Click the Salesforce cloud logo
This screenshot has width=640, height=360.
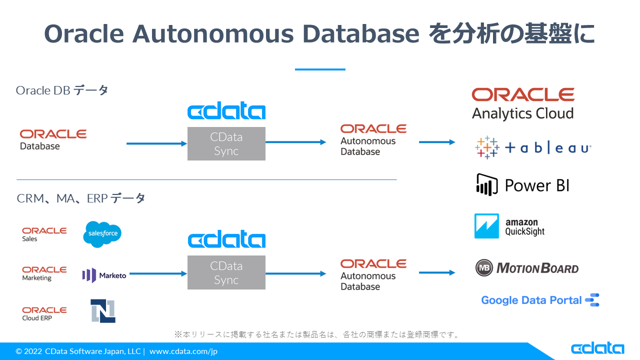pyautogui.click(x=102, y=234)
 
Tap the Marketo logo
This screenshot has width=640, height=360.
pyautogui.click(x=104, y=275)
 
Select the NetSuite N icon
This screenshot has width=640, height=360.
pyautogui.click(x=103, y=310)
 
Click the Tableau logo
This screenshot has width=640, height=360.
pyautogui.click(x=533, y=148)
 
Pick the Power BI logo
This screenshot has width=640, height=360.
pyautogui.click(x=522, y=185)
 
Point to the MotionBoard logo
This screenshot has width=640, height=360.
pyautogui.click(x=527, y=268)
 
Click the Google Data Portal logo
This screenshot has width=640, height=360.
pyautogui.click(x=540, y=300)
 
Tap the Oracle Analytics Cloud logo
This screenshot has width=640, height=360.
pyautogui.click(x=523, y=104)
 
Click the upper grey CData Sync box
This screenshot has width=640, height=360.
pyautogui.click(x=226, y=144)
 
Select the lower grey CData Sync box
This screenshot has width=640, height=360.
pyautogui.click(x=226, y=272)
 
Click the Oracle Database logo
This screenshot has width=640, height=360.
pyautogui.click(x=53, y=139)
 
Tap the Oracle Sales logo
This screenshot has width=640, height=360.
pyautogui.click(x=44, y=234)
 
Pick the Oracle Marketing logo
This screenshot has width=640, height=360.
pyautogui.click(x=44, y=273)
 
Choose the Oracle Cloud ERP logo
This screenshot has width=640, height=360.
pyautogui.click(x=44, y=313)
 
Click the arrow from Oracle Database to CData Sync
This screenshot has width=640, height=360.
pyautogui.click(x=156, y=144)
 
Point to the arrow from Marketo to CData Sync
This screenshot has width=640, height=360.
pyautogui.click(x=157, y=273)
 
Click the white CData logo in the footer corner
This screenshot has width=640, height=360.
pyautogui.click(x=597, y=348)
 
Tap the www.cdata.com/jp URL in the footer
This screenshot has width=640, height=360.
pyautogui.click(x=183, y=351)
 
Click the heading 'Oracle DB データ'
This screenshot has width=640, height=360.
pyautogui.click(x=62, y=90)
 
